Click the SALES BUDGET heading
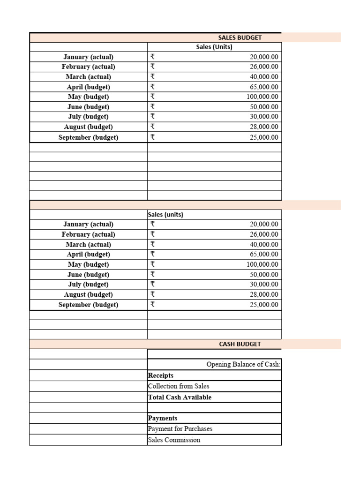tap(240, 37)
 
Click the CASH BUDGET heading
tap(240, 344)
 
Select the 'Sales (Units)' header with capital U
tap(214, 47)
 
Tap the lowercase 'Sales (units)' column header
tap(165, 215)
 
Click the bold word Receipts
tap(160, 375)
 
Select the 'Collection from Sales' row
tap(179, 386)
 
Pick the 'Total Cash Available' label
tap(180, 397)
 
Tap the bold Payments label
tap(162, 418)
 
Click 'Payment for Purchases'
tap(180, 429)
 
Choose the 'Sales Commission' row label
tap(174, 440)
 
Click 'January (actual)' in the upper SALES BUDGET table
tap(88, 57)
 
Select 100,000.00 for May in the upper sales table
tap(262, 97)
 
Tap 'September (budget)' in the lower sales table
tap(88, 305)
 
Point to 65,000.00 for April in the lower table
tap(264, 254)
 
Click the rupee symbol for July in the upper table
tap(152, 117)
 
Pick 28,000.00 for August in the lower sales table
tap(264, 294)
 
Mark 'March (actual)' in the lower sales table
tap(88, 244)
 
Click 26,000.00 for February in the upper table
tap(264, 67)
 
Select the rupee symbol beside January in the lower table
tap(152, 224)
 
